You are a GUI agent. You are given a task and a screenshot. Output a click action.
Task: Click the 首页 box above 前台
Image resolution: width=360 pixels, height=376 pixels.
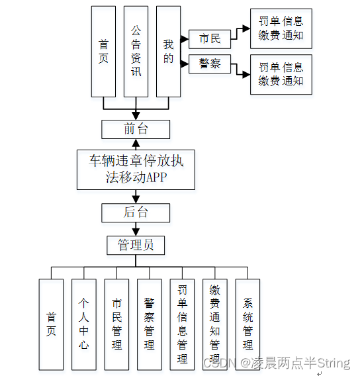tap(103, 52)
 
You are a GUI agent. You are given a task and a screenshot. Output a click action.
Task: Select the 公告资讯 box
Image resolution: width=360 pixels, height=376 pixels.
tap(136, 52)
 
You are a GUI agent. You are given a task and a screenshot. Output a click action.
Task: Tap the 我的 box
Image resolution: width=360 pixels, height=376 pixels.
tap(168, 52)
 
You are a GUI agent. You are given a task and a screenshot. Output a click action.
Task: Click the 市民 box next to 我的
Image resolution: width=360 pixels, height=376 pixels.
tap(210, 39)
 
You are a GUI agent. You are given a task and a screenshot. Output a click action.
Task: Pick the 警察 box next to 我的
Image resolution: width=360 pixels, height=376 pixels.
tap(210, 64)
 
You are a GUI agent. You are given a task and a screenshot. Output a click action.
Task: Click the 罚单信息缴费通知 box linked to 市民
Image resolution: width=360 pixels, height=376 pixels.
tap(281, 29)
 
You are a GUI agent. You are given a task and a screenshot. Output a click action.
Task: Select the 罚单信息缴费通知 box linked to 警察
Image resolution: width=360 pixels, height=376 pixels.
tap(281, 74)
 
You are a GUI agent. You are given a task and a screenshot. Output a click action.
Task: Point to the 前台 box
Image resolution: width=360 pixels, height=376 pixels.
tap(136, 128)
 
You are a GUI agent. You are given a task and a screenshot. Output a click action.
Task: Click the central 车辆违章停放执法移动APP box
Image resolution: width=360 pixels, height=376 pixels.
tap(136, 169)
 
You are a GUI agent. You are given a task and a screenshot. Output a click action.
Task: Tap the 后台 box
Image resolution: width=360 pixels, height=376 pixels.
tap(136, 212)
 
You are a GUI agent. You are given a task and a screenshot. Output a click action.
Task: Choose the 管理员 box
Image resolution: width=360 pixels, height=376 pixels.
tap(136, 246)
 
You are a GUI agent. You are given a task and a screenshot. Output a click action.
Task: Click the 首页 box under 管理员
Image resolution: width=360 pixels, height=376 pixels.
tap(51, 324)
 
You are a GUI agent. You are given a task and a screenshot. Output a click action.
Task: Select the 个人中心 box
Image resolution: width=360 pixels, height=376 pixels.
tap(84, 324)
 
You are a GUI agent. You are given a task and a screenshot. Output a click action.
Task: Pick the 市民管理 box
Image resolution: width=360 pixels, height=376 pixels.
tap(116, 324)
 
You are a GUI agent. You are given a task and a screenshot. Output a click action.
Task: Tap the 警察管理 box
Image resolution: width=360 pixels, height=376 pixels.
tap(150, 324)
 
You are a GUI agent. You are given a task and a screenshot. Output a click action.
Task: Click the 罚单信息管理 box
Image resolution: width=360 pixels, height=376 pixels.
tap(182, 324)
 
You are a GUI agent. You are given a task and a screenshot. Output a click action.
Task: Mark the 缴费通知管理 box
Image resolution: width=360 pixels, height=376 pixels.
tap(214, 324)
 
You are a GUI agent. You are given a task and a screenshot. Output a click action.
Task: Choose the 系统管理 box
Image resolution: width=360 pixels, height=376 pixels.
tap(247, 324)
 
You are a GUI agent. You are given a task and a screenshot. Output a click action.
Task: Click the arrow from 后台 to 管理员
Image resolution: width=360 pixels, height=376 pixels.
tap(136, 229)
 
